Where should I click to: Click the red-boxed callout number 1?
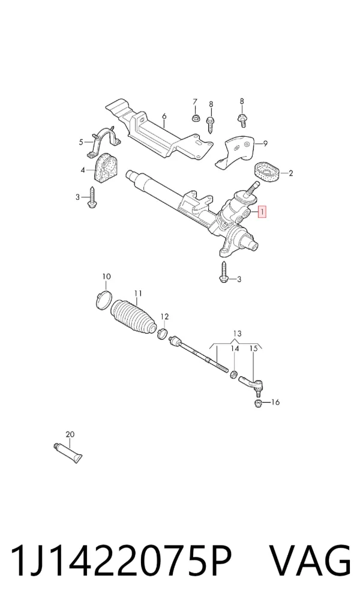click(x=263, y=212)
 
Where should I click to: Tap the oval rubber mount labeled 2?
click(x=267, y=172)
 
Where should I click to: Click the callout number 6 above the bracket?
click(x=164, y=116)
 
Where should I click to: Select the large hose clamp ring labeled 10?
click(x=104, y=299)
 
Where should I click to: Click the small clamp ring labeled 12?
click(x=163, y=334)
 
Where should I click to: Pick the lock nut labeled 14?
click(x=234, y=375)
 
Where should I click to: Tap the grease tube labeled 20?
click(x=68, y=453)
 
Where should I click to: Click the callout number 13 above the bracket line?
click(x=237, y=334)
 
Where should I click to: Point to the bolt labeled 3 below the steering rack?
click(x=224, y=272)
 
